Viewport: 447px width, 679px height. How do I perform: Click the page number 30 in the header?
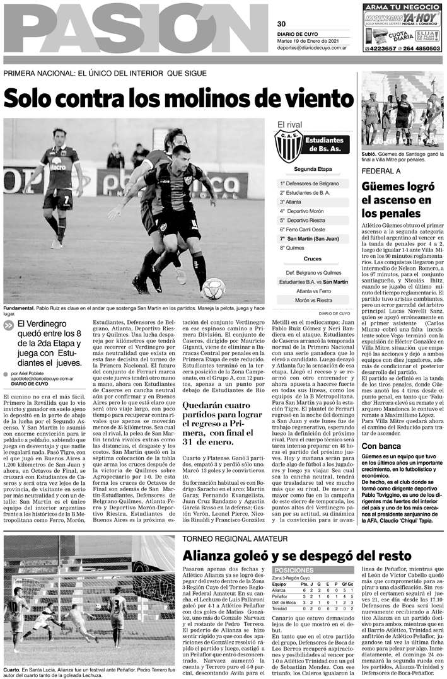coord(281,24)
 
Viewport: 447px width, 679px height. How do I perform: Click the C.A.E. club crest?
coord(287,146)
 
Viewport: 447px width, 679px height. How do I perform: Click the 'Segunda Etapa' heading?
coord(312,170)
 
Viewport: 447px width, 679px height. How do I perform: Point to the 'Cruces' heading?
coord(312,259)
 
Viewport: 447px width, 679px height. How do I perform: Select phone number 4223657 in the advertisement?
coord(381,48)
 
